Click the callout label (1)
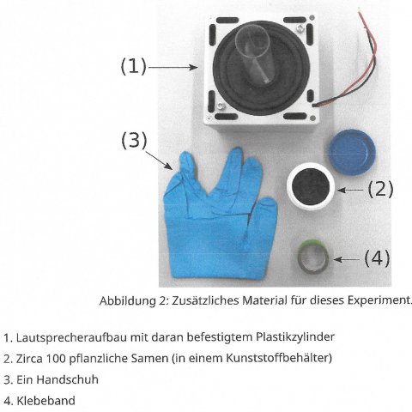point(134,66)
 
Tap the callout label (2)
point(380,189)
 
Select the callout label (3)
point(134,140)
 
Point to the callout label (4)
point(377,257)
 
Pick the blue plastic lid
point(352,152)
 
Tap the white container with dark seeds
point(311,186)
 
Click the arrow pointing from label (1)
point(173,68)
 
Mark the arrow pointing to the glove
point(159,161)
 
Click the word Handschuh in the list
point(67,379)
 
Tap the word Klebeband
point(46,401)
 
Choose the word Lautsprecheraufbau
point(71,337)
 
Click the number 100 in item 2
point(56,359)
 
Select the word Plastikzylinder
point(295,337)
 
